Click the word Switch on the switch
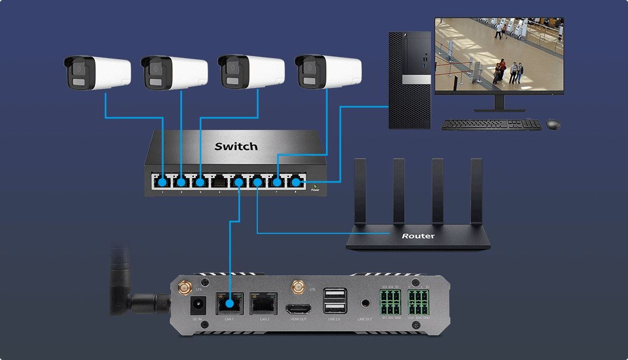coord(236,147)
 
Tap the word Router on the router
coord(418,236)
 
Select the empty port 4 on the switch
coord(219,181)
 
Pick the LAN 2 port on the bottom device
coord(263,304)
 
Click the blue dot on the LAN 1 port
coord(229,304)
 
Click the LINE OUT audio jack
coord(365,304)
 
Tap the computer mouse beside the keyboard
coord(553,124)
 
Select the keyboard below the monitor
coord(491,125)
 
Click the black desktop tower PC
coord(409,80)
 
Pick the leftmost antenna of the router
coord(360,191)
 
